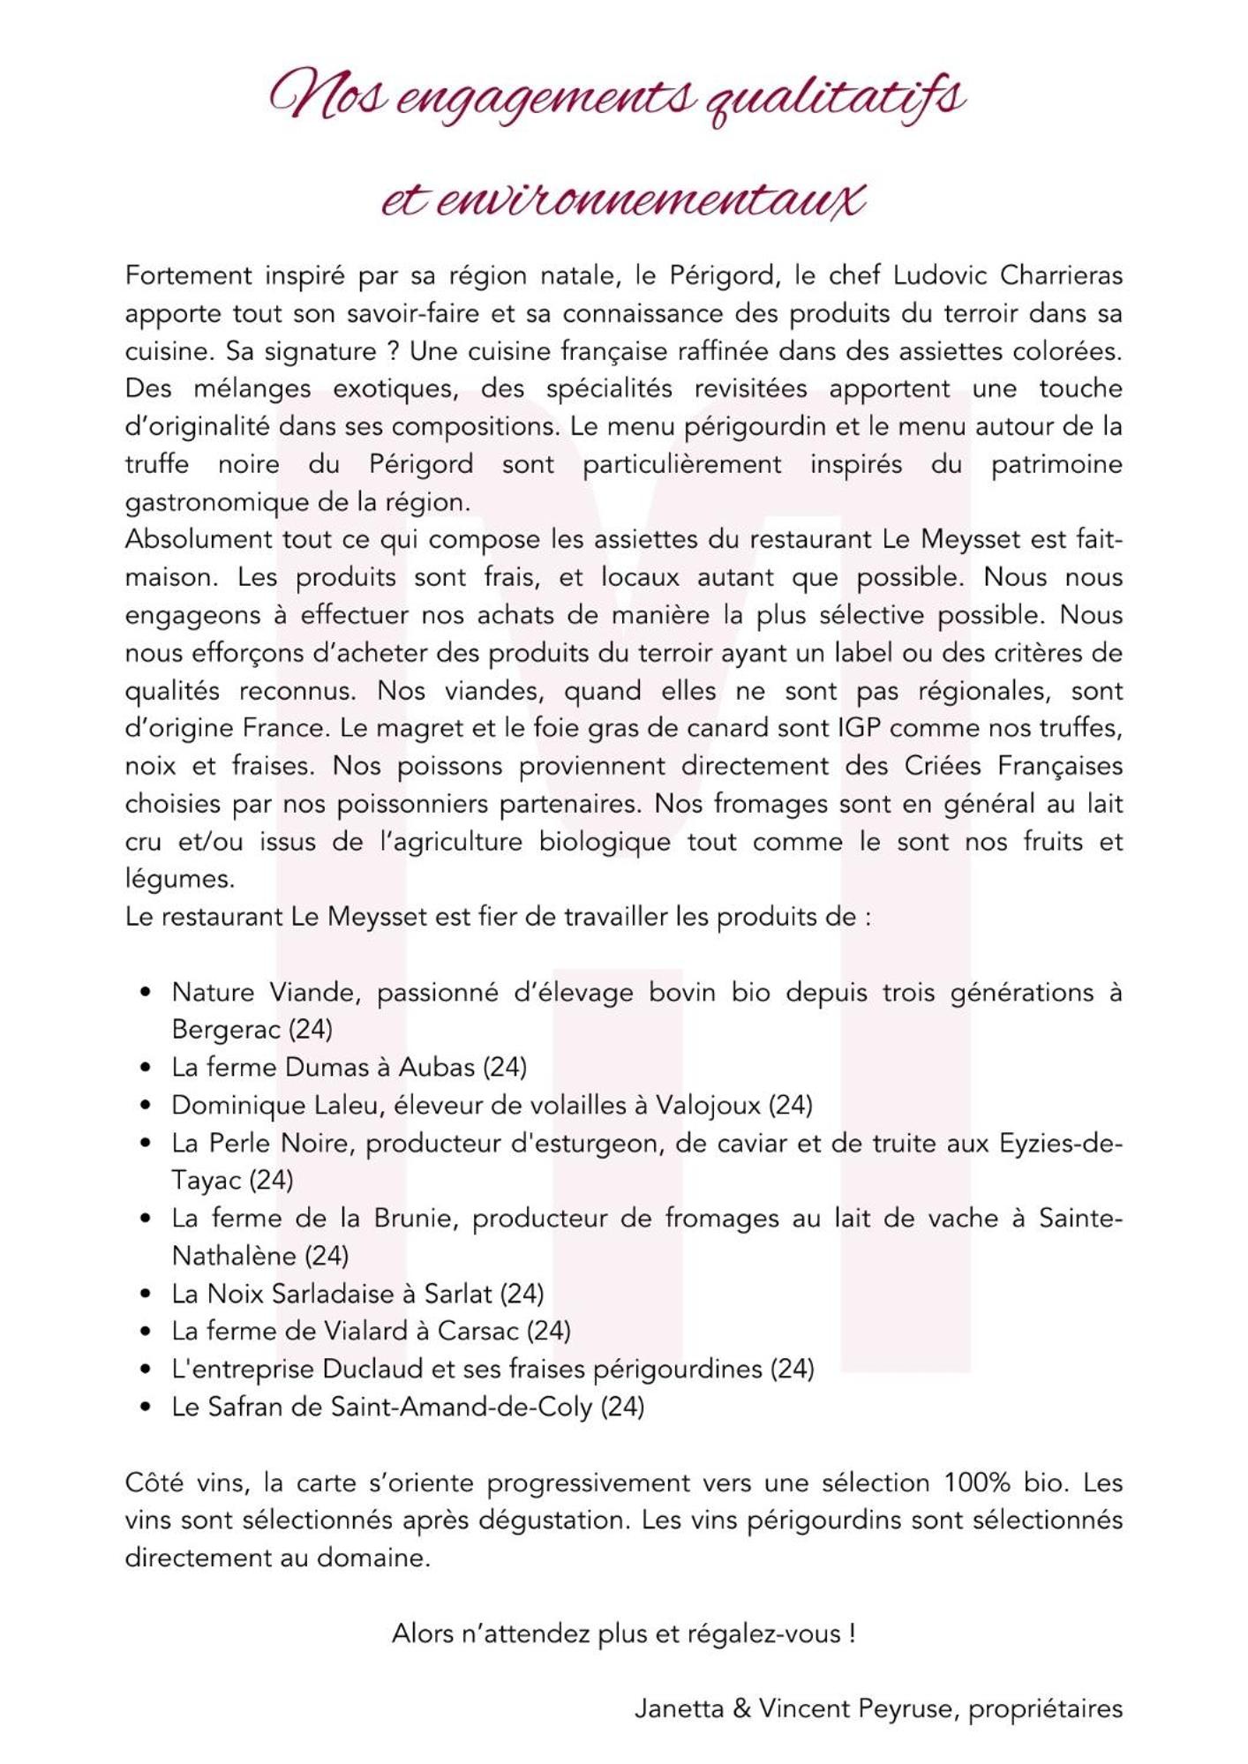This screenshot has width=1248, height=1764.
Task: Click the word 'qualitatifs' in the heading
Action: point(834,100)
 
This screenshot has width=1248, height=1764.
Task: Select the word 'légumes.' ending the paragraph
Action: point(180,879)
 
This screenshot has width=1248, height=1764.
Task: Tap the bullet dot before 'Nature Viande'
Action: point(147,992)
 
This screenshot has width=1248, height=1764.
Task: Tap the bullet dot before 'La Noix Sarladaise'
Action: point(147,1294)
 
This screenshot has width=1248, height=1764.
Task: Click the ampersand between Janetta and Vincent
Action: point(741,1709)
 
